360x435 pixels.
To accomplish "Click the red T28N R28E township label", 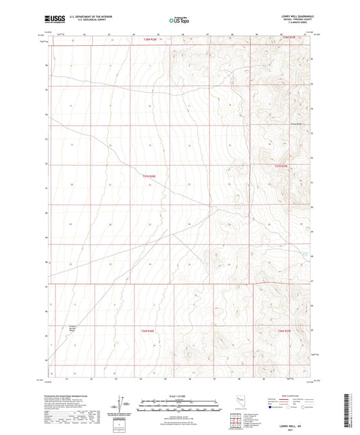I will click(153, 41).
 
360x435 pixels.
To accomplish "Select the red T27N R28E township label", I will click(149, 177).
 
